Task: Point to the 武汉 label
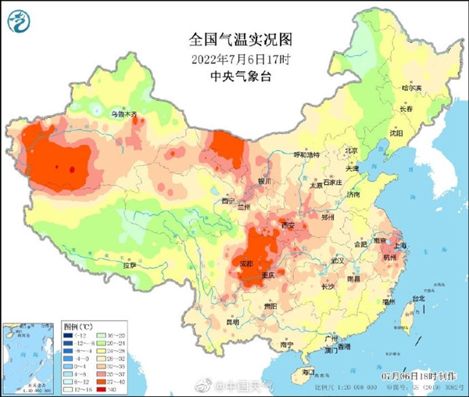[x=338, y=259]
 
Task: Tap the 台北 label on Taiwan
[x=418, y=298]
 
